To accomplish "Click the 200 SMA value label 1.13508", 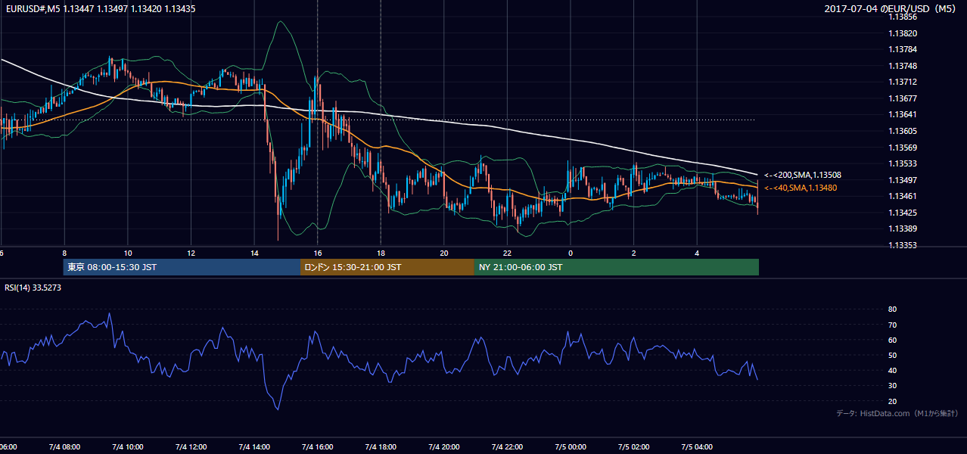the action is (803, 175).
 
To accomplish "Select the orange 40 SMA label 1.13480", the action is (801, 188).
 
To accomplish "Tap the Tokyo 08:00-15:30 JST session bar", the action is (182, 267).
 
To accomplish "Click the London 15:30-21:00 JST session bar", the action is (387, 267).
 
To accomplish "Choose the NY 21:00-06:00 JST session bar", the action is (617, 267).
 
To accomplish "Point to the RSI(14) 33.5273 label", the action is (33, 288).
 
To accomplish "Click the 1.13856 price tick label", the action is (903, 17).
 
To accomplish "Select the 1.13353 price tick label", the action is (903, 245).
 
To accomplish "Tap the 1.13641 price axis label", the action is (903, 114).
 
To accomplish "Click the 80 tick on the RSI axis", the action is (892, 309).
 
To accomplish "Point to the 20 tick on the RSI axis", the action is (892, 401).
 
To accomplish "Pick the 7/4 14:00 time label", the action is (254, 447).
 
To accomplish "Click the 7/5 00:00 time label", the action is (571, 447).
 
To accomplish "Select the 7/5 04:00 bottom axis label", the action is (697, 447).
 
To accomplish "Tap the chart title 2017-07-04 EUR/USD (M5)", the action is (890, 8).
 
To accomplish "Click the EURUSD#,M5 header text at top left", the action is (33, 8).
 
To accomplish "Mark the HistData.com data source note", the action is (897, 413).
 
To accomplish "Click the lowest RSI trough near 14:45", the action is (278, 409).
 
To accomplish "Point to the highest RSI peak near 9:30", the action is (110, 313).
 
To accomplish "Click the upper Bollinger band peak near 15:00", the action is (281, 21).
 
